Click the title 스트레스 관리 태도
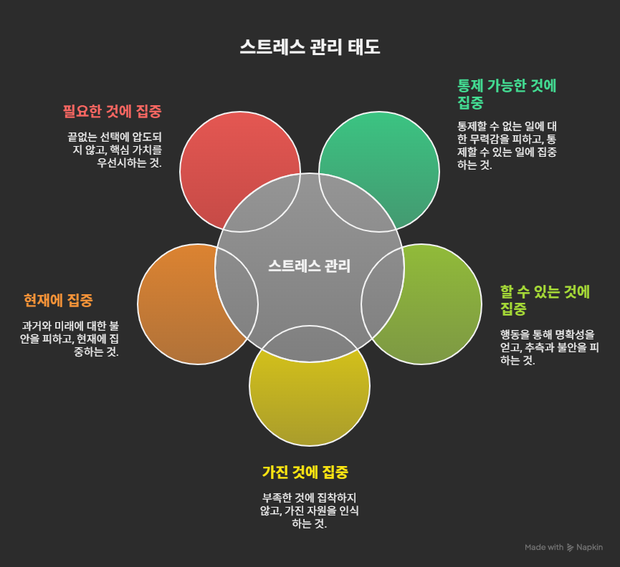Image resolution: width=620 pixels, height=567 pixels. pos(310,47)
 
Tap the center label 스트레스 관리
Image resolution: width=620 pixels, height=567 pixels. pos(310,266)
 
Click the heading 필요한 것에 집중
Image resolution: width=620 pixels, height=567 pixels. pos(112,112)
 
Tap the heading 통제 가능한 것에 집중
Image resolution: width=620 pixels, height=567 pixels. pos(507,94)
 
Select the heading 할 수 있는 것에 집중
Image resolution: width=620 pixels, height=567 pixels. pos(545,300)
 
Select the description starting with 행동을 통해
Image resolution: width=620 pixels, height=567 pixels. pos(547,346)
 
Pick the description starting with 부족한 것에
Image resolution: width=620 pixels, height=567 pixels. pos(310,510)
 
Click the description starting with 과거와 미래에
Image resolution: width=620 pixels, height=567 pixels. pos(70,339)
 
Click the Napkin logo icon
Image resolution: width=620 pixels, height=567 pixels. pos(571,548)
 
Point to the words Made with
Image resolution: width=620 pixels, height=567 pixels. pos(544,548)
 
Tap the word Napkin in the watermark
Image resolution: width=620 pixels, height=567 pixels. pos(590,548)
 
